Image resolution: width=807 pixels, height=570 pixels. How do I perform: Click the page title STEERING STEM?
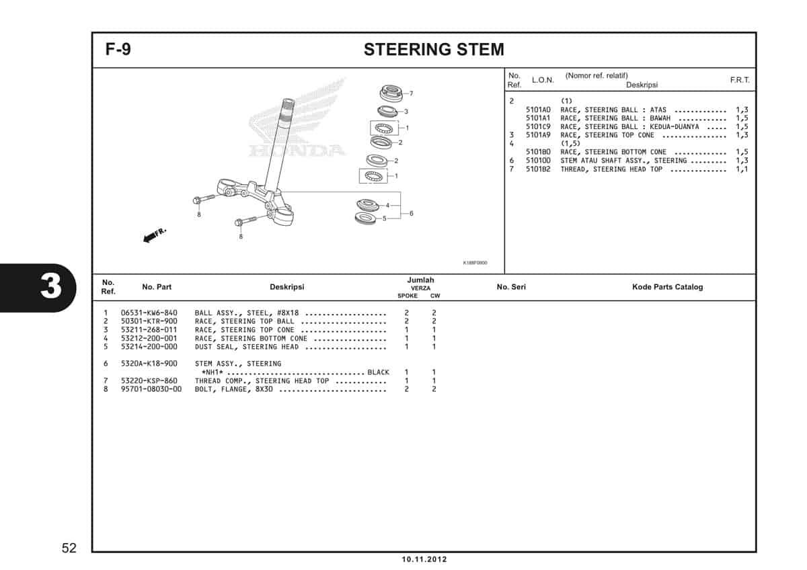click(x=433, y=50)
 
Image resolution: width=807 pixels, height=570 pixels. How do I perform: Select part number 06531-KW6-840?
click(x=149, y=313)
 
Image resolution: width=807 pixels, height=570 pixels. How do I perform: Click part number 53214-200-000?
click(x=149, y=347)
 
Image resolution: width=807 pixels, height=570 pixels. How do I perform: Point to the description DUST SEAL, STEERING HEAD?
click(x=246, y=347)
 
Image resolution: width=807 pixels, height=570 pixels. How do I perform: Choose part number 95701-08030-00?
click(x=151, y=389)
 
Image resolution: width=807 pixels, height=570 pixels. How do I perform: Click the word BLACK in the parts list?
click(x=378, y=372)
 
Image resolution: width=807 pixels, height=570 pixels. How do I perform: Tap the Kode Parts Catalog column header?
click(x=667, y=287)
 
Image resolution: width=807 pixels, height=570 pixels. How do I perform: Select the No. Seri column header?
click(x=511, y=287)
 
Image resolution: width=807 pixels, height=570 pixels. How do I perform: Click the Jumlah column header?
click(x=420, y=280)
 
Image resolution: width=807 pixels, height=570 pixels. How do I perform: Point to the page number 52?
click(x=69, y=548)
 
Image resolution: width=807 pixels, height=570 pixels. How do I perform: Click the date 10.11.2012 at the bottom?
click(x=424, y=559)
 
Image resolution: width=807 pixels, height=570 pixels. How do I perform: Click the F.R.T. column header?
click(x=740, y=80)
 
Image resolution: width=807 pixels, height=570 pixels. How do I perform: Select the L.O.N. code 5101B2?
click(x=538, y=169)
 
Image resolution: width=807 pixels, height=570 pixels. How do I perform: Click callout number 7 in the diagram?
click(x=410, y=93)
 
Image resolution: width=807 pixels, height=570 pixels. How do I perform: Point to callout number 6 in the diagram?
click(x=411, y=213)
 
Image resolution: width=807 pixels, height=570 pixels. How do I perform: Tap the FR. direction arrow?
click(x=154, y=235)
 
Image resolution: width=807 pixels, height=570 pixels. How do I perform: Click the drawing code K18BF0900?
click(x=475, y=263)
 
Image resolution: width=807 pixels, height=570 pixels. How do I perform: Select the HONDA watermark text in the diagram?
click(x=297, y=149)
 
